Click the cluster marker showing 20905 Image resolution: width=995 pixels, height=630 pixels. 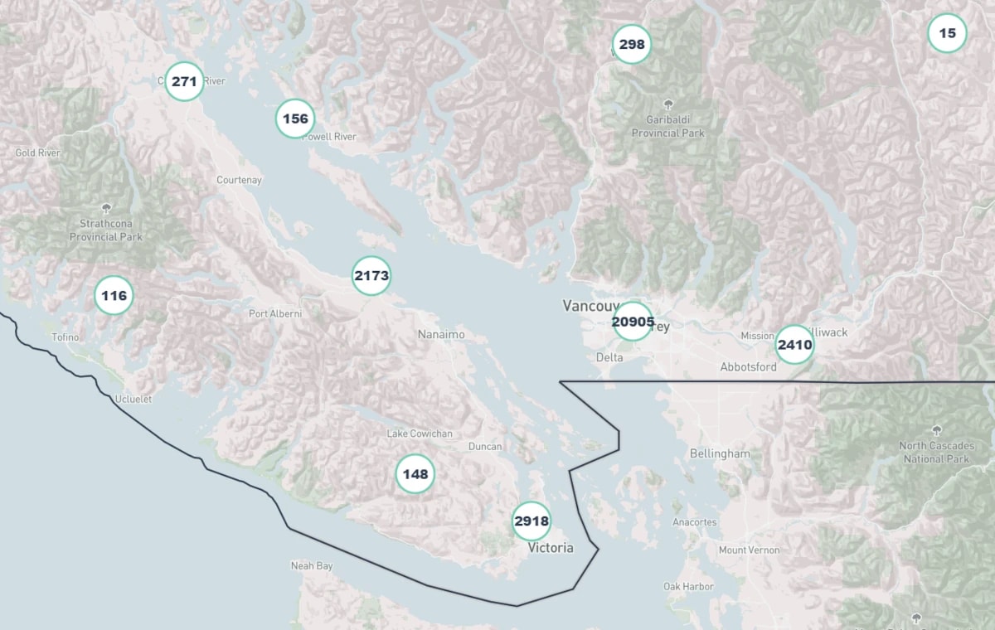(633, 322)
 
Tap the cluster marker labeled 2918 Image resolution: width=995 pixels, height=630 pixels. (531, 521)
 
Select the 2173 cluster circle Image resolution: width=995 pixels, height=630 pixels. (371, 276)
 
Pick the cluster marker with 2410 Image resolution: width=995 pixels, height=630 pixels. (794, 345)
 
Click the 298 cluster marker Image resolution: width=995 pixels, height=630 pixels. (632, 44)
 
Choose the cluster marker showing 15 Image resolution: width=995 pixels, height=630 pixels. (947, 33)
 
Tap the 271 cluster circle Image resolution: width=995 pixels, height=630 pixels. (184, 81)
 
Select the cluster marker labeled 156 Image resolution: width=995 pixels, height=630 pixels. (295, 119)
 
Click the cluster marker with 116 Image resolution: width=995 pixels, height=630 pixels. (114, 295)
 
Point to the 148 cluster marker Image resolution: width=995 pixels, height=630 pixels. (415, 474)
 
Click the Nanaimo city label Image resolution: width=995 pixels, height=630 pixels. (441, 334)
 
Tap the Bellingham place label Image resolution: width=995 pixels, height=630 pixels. (720, 453)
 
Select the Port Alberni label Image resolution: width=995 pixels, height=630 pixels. (275, 313)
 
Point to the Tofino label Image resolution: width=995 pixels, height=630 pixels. (66, 337)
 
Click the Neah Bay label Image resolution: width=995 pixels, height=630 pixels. (312, 565)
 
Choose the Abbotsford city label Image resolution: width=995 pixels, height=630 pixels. (748, 366)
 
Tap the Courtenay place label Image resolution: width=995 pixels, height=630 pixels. (239, 180)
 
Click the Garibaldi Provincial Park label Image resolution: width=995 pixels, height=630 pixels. (668, 127)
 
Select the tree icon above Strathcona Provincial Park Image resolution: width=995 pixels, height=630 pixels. (105, 208)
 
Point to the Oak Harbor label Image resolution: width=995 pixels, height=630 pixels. (688, 586)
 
